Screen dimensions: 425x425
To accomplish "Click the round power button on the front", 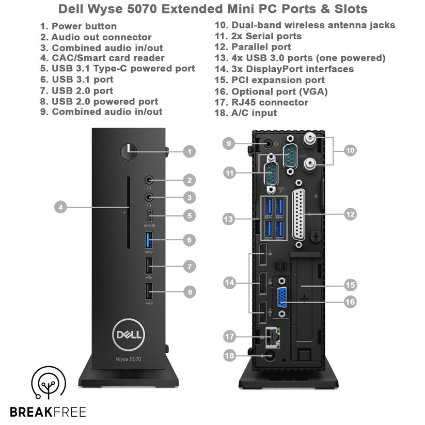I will pyautogui.click(x=128, y=151).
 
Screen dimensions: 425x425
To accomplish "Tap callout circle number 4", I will pyautogui.click(x=61, y=207).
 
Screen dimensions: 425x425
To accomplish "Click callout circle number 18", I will pyautogui.click(x=230, y=355).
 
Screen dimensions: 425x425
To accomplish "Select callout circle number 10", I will pyautogui.click(x=351, y=151).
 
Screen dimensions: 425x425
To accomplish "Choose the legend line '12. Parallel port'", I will pyautogui.click(x=254, y=47).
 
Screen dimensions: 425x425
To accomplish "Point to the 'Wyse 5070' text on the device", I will pyautogui.click(x=128, y=358).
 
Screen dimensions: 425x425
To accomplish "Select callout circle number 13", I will pyautogui.click(x=229, y=219).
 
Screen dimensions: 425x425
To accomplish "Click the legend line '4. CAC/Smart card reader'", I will pyautogui.click(x=102, y=58).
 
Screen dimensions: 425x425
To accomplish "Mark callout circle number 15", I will pyautogui.click(x=351, y=285).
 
